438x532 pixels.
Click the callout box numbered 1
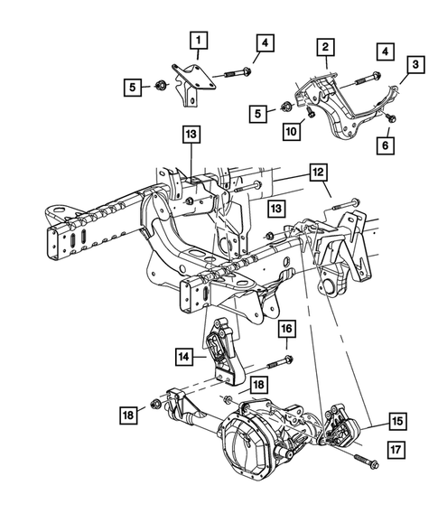(198, 41)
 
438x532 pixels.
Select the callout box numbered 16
(286, 328)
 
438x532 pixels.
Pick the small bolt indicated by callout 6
(390, 117)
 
